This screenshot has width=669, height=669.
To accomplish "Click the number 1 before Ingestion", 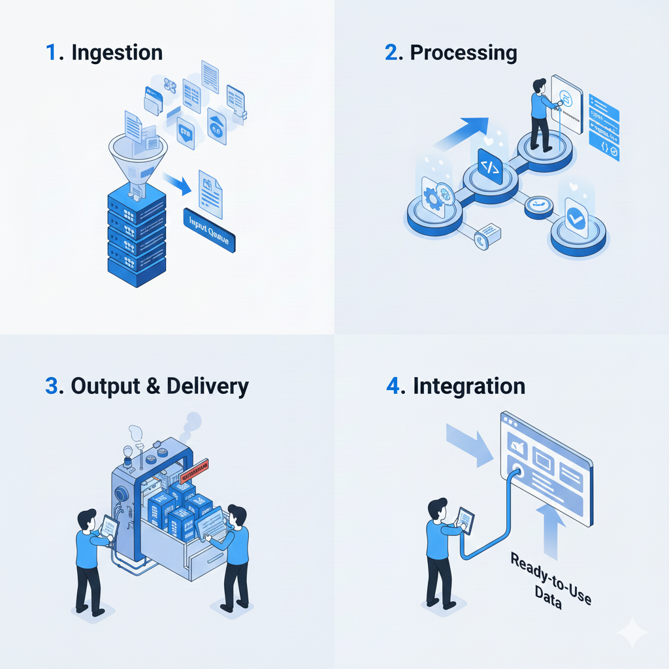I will [51, 53].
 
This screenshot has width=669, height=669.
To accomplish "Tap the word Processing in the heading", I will [463, 53].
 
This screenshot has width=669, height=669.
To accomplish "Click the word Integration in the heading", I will [468, 385].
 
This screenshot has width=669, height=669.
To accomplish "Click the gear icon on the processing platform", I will [432, 196].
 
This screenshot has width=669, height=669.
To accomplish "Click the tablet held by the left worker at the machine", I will [109, 527].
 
